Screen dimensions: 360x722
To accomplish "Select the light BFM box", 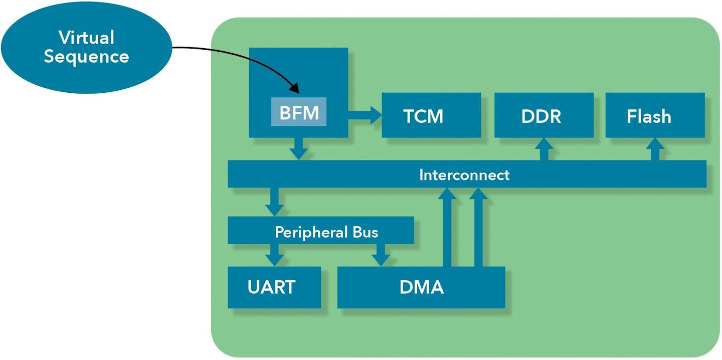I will (x=299, y=112).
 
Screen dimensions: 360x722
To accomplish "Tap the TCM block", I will (x=431, y=115).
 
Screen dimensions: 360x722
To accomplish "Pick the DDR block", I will (x=544, y=115).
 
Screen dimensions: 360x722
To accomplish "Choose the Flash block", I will (x=655, y=115).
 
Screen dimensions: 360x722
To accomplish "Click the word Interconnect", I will (x=464, y=174).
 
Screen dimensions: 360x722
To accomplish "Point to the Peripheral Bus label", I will (x=326, y=232).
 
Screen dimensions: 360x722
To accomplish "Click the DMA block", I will (x=421, y=287).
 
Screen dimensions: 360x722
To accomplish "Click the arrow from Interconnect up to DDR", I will (x=544, y=149).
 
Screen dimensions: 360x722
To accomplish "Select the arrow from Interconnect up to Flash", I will (x=655, y=149).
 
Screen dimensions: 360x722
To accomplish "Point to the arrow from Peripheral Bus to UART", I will (x=274, y=255).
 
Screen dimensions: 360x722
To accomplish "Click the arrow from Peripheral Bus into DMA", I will (x=381, y=255).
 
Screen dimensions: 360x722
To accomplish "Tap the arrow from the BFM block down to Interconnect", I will (x=299, y=148).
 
